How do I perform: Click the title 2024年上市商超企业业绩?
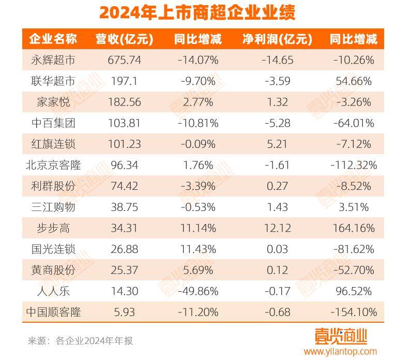pos(197,12)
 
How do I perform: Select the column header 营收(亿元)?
pos(124,39)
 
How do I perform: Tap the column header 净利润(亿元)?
pos(277,39)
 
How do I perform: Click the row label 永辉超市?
pos(53,60)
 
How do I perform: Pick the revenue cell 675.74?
pos(125,60)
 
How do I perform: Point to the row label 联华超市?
pos(53,81)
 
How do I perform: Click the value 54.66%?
pos(354,81)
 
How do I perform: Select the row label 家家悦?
pos(53,102)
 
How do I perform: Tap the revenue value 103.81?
pos(125,123)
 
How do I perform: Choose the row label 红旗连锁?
pos(53,144)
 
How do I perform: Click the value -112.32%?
pos(354,166)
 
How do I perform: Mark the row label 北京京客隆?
pos(53,166)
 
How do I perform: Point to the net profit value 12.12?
pos(277,228)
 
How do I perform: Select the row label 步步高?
pos(53,228)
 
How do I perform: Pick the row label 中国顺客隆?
pos(53,312)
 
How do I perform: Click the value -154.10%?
pos(354,312)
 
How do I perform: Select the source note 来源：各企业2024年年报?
pos(80,341)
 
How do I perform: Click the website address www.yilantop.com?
pos(340,352)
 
